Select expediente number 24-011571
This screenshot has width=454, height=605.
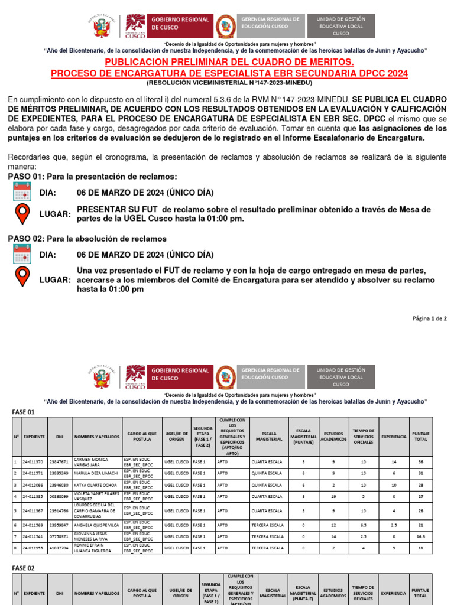(33, 473)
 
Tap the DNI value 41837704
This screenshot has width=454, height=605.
(59, 548)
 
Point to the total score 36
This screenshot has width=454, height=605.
(420, 461)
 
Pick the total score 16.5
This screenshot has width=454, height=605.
(420, 536)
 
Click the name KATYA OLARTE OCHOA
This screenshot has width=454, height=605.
(95, 484)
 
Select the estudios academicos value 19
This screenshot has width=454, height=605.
(333, 496)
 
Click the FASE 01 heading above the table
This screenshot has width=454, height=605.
(24, 411)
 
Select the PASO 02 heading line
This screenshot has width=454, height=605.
(87, 239)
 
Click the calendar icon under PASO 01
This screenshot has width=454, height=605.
(22, 193)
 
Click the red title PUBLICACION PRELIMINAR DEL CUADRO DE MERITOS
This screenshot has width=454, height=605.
(229, 62)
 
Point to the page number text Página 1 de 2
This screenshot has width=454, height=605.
(429, 318)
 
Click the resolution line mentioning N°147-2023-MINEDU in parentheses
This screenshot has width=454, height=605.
(229, 83)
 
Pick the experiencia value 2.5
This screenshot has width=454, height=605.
(394, 525)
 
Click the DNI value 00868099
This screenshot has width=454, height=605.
(59, 496)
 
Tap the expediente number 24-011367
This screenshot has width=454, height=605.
(33, 510)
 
